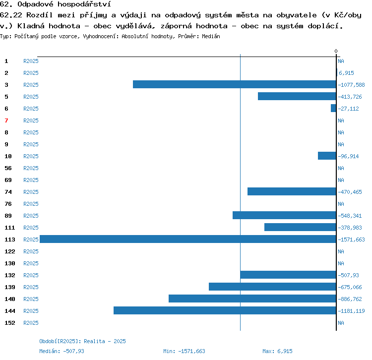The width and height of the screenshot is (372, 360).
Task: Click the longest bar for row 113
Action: pos(188,239)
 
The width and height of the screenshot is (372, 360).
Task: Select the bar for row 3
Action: pos(235,84)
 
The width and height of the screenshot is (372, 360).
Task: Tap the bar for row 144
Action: pos(225,310)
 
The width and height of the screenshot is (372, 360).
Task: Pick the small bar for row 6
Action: pos(334,108)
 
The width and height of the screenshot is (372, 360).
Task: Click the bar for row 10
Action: pos(327,156)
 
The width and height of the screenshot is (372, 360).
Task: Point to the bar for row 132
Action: pos(288,275)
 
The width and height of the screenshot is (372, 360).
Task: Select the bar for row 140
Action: pos(252,299)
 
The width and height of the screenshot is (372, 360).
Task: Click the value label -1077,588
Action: pos(351,85)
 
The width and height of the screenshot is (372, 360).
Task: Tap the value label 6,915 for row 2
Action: pos(346,73)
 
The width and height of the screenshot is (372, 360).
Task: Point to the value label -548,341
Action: pos(350,216)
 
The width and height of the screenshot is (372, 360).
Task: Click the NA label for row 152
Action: pos(341,323)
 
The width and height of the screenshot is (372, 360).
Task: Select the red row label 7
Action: pos(6,120)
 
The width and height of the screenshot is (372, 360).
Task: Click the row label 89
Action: pos(8,216)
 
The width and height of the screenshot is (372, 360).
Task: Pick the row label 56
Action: pos(8,168)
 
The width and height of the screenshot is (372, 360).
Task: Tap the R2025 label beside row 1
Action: pos(31,61)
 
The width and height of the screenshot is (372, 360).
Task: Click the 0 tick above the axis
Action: pos(336,51)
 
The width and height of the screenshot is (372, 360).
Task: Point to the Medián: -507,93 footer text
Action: pos(62,351)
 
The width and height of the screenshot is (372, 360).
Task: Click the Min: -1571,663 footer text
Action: pos(184,351)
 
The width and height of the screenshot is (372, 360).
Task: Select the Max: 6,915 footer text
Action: pos(277,351)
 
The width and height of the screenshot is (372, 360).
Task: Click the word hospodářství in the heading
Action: pos(84,4)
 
